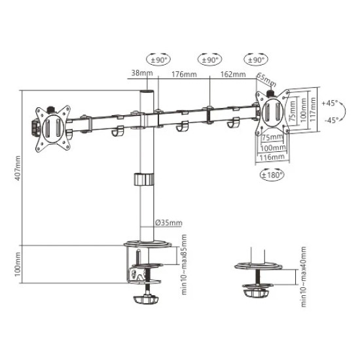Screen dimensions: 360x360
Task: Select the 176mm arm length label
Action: coord(183,74)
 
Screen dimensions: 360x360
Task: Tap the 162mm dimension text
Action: coord(233,74)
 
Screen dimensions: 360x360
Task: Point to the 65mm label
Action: coord(266,81)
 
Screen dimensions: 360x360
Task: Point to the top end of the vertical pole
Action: coord(147,93)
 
